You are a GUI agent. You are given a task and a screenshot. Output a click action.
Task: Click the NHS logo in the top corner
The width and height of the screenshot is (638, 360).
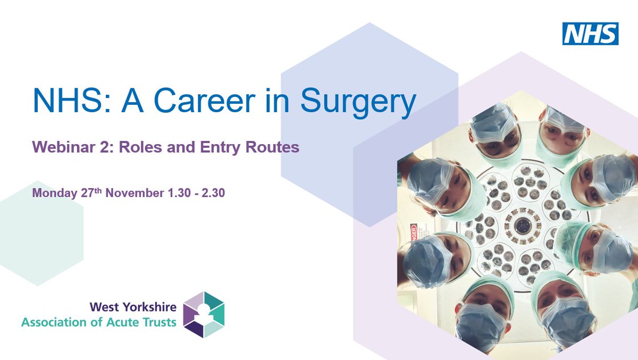590,33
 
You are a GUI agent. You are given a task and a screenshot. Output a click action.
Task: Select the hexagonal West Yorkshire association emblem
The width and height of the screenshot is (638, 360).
204,314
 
